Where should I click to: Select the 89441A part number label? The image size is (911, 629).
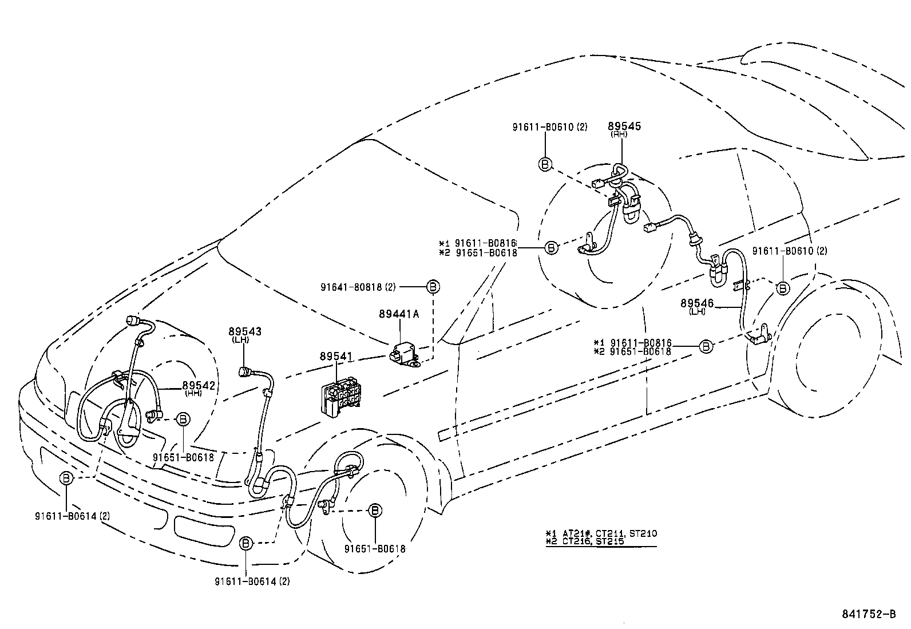pyautogui.click(x=398, y=314)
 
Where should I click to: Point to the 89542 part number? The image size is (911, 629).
pyautogui.click(x=199, y=386)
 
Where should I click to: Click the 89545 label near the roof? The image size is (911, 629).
pyautogui.click(x=624, y=126)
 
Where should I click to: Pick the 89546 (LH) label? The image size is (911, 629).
pyautogui.click(x=697, y=303)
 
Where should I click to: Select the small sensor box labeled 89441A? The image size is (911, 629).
pyautogui.click(x=402, y=354)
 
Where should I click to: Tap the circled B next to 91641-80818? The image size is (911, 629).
pyautogui.click(x=433, y=286)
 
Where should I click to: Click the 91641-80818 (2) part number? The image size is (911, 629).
pyautogui.click(x=361, y=286)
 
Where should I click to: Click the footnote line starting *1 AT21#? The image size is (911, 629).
pyautogui.click(x=601, y=533)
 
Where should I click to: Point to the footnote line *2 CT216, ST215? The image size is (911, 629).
pyautogui.click(x=585, y=541)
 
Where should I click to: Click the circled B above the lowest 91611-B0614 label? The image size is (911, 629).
pyautogui.click(x=245, y=543)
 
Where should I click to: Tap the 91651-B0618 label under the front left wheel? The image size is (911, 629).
pyautogui.click(x=375, y=549)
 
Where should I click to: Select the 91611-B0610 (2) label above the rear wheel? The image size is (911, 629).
pyautogui.click(x=789, y=251)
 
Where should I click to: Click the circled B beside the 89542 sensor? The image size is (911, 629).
pyautogui.click(x=183, y=420)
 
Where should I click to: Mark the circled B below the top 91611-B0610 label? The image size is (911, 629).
pyautogui.click(x=545, y=164)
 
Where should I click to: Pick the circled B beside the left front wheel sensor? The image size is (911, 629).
pyautogui.click(x=375, y=510)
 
